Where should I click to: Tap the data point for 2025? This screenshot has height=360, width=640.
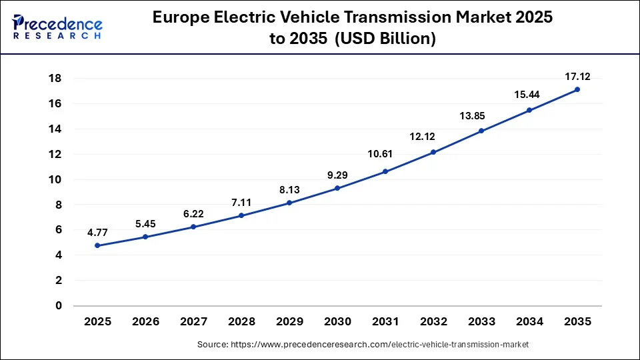97,245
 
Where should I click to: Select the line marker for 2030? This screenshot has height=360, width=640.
337,188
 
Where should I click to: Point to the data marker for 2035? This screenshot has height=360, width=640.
577,89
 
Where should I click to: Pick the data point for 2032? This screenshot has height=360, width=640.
433,152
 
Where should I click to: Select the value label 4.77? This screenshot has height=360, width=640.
97,233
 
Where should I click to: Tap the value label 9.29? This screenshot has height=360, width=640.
337,176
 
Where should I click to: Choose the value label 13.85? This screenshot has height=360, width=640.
481,116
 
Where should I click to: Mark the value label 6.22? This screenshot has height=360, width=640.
193,214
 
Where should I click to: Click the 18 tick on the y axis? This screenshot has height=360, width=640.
55,79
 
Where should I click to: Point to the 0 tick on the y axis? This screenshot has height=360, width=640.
59,306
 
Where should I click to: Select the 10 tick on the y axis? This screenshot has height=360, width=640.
55,179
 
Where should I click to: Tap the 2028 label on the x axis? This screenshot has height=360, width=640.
241,321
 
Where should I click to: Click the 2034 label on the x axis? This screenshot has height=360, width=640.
529,321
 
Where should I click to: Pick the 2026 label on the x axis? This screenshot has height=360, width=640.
145,321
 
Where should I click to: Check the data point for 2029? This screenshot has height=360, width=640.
289,203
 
